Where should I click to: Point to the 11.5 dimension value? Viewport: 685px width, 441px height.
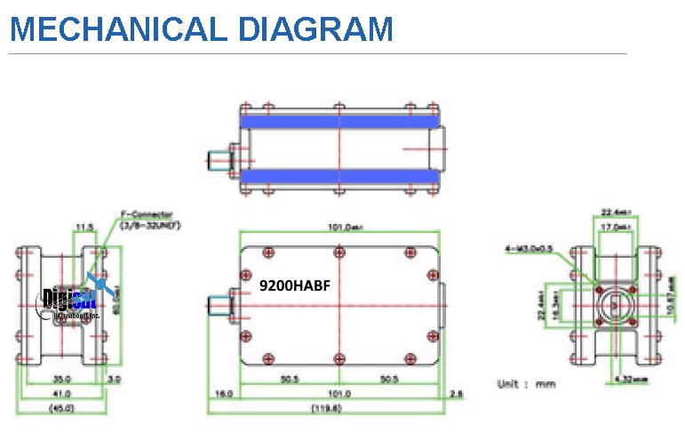tap(85, 227)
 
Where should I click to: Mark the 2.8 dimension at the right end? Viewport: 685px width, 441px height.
tap(456, 393)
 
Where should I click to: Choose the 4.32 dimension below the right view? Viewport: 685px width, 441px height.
tap(628, 378)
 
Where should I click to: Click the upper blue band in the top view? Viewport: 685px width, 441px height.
tap(339, 121)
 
